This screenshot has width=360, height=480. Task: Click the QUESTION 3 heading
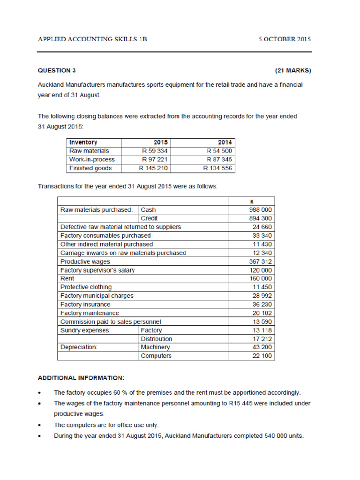pyautogui.click(x=57, y=71)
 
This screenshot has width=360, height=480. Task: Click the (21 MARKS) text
pyautogui.click(x=292, y=71)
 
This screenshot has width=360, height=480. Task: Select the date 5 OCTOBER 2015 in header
pyautogui.click(x=285, y=39)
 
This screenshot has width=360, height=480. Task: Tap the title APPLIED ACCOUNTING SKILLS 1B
pyautogui.click(x=92, y=39)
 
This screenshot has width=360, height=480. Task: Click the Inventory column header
pyautogui.click(x=83, y=142)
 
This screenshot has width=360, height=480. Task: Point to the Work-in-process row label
pyautogui.click(x=91, y=160)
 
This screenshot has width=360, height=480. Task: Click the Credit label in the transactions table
pyautogui.click(x=150, y=218)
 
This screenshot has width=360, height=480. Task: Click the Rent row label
pyautogui.click(x=67, y=278)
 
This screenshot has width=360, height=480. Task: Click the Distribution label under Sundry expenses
pyautogui.click(x=156, y=338)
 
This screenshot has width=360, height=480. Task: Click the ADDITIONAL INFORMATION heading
pyautogui.click(x=81, y=377)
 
